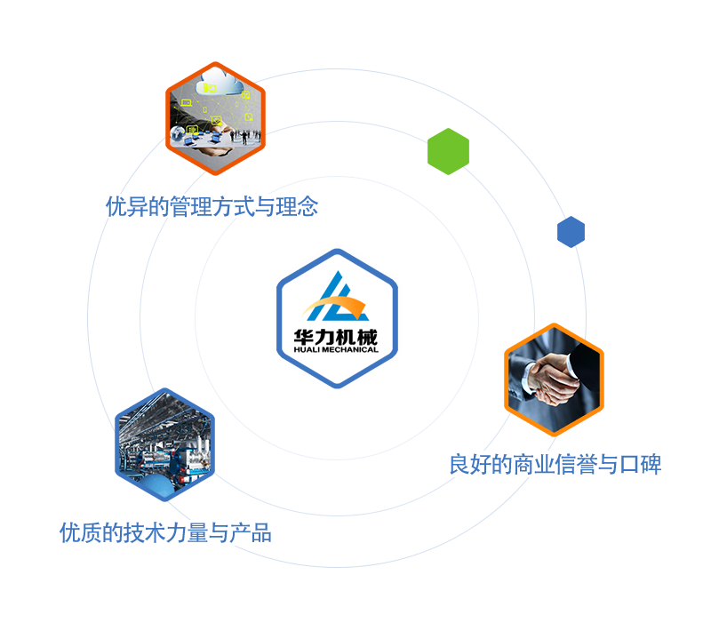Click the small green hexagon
pos(448,150)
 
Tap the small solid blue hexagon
pos(571,232)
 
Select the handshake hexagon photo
pos(554,379)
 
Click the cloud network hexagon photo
pos(215,116)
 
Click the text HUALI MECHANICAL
pos(336,349)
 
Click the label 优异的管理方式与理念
pos(212,207)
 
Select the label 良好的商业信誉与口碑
pos(555,464)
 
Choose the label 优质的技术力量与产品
pos(165,533)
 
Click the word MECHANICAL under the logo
pos(350,349)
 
